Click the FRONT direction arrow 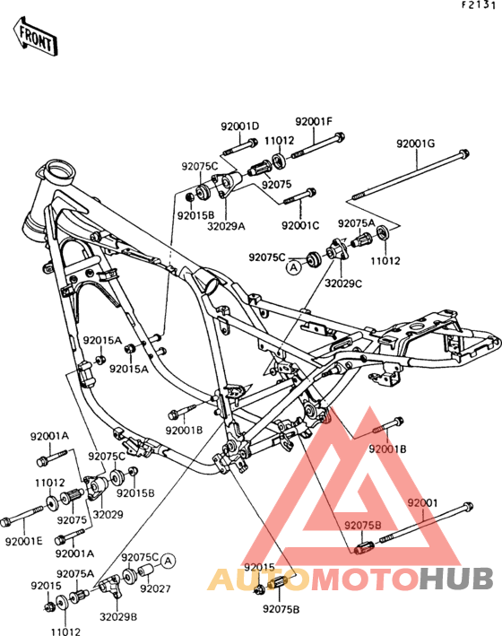point(36,38)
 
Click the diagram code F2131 point(479,5)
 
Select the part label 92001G point(416,144)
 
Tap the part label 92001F point(314,121)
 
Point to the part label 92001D point(239,126)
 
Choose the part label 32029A point(226,226)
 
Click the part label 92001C point(300,225)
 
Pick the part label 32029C point(343,283)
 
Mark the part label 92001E point(24,541)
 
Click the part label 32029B point(118,617)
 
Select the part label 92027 point(155,588)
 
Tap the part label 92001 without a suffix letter point(422,503)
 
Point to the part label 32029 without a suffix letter point(108,514)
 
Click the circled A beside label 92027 point(168,562)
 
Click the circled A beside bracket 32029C point(294,267)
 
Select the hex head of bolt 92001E point(5,522)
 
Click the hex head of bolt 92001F point(340,136)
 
